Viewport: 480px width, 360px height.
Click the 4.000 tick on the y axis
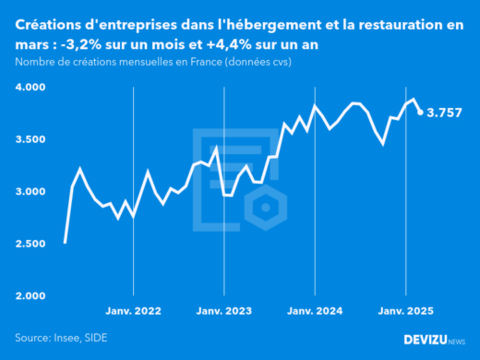[33, 88]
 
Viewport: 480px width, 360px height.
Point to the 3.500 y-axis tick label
[33, 139]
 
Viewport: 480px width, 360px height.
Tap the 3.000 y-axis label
[33, 191]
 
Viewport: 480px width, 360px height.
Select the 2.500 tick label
[33, 244]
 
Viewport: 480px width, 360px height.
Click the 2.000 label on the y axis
[33, 295]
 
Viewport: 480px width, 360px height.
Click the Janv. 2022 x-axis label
[135, 312]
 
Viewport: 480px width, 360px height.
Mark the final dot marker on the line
[421, 113]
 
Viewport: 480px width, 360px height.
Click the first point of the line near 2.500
[65, 242]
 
